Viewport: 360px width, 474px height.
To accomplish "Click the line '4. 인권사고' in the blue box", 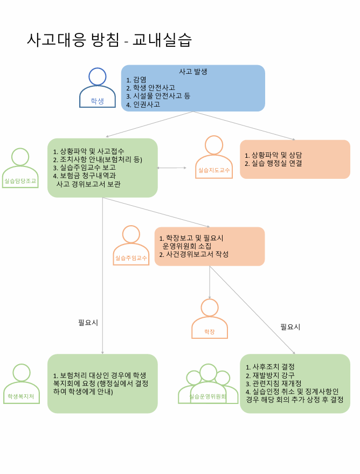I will click(x=143, y=104).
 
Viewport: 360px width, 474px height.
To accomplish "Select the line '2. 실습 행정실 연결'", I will click(x=273, y=163).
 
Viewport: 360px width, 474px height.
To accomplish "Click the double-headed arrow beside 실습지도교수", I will click(x=171, y=168).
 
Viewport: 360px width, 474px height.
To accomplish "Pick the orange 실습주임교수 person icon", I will click(x=131, y=246).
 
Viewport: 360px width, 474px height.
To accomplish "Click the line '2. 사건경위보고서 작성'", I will click(x=194, y=254).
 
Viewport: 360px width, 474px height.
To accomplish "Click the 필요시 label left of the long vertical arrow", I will click(x=88, y=323).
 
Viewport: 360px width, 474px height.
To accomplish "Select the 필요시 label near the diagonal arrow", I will click(x=290, y=327).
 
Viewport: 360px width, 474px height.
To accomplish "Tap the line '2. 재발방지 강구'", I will click(x=270, y=375).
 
